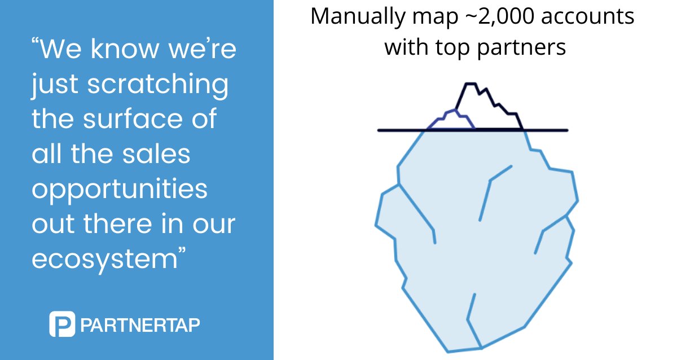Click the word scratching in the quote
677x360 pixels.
(159, 86)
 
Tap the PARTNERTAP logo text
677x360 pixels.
(140, 326)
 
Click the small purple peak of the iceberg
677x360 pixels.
(451, 120)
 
